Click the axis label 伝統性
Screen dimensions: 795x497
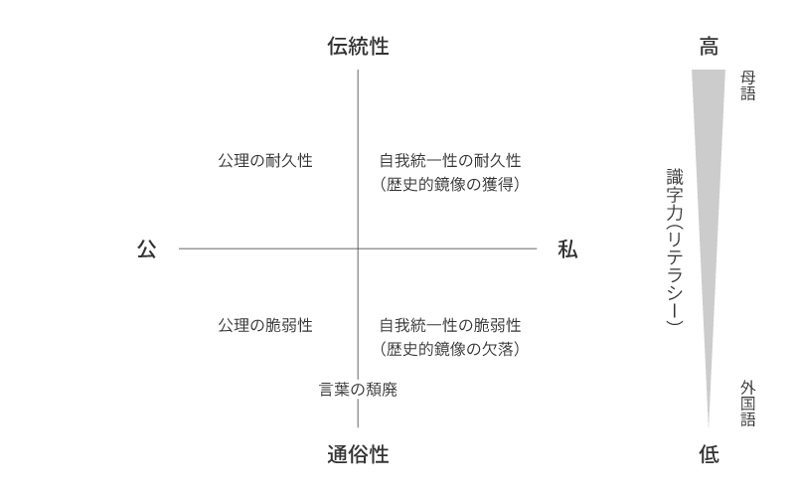(x=358, y=46)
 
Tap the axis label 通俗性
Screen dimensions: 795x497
(x=358, y=454)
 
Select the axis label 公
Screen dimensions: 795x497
(x=146, y=249)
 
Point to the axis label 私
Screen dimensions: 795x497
(x=567, y=249)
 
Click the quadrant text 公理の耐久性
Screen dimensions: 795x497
(x=265, y=161)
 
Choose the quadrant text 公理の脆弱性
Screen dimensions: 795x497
(x=265, y=325)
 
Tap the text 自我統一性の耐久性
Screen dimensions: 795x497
(x=450, y=161)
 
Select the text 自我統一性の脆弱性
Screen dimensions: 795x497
(x=450, y=325)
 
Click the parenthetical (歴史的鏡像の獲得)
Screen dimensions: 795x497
(x=450, y=184)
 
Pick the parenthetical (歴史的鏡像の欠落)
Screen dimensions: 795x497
(x=450, y=349)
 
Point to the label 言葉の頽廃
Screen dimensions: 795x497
(x=358, y=390)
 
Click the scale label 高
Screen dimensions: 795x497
(x=709, y=46)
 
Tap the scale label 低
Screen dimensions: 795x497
(x=709, y=454)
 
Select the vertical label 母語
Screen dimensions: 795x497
(x=748, y=85)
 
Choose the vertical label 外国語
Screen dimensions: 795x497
(x=748, y=404)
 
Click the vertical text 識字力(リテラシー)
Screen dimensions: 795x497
(x=675, y=247)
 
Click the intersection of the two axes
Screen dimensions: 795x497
(x=358, y=248)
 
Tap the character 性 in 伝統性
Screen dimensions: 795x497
(x=380, y=46)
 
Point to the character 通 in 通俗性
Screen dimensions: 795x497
(x=337, y=454)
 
